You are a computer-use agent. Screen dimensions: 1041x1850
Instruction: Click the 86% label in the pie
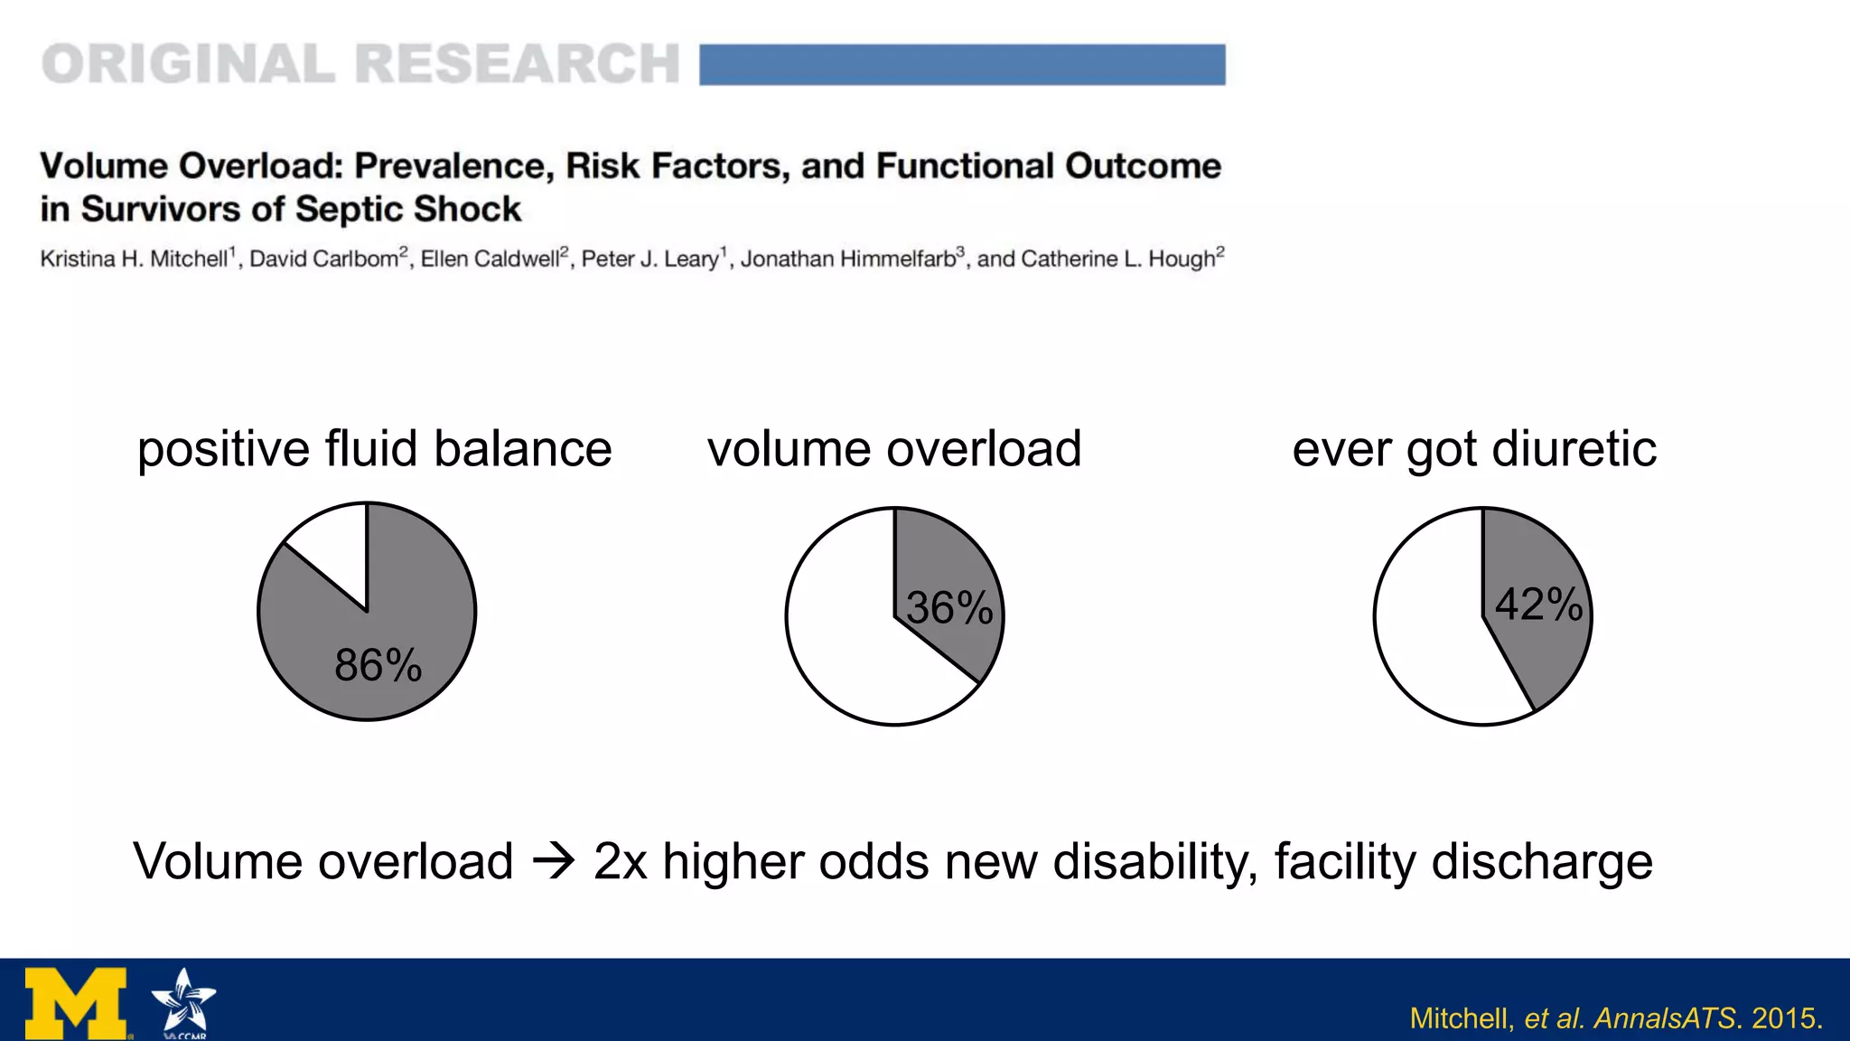(378, 666)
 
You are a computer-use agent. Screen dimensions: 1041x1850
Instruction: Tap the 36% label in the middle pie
(949, 608)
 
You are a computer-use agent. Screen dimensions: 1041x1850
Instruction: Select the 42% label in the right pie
(1538, 605)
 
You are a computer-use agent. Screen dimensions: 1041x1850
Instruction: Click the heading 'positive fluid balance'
(374, 449)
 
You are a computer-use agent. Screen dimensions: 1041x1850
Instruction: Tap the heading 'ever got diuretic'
(1473, 449)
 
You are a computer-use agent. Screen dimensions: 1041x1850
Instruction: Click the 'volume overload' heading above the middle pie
(893, 449)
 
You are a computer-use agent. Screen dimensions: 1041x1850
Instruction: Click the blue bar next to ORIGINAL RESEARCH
(962, 65)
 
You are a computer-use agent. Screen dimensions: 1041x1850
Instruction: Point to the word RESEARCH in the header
(517, 65)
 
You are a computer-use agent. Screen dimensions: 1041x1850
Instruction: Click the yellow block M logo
(76, 1003)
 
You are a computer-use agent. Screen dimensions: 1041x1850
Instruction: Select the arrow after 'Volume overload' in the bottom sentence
(554, 861)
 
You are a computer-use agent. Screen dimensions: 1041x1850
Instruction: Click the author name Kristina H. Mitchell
(135, 259)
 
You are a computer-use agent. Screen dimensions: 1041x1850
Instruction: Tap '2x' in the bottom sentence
(620, 861)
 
